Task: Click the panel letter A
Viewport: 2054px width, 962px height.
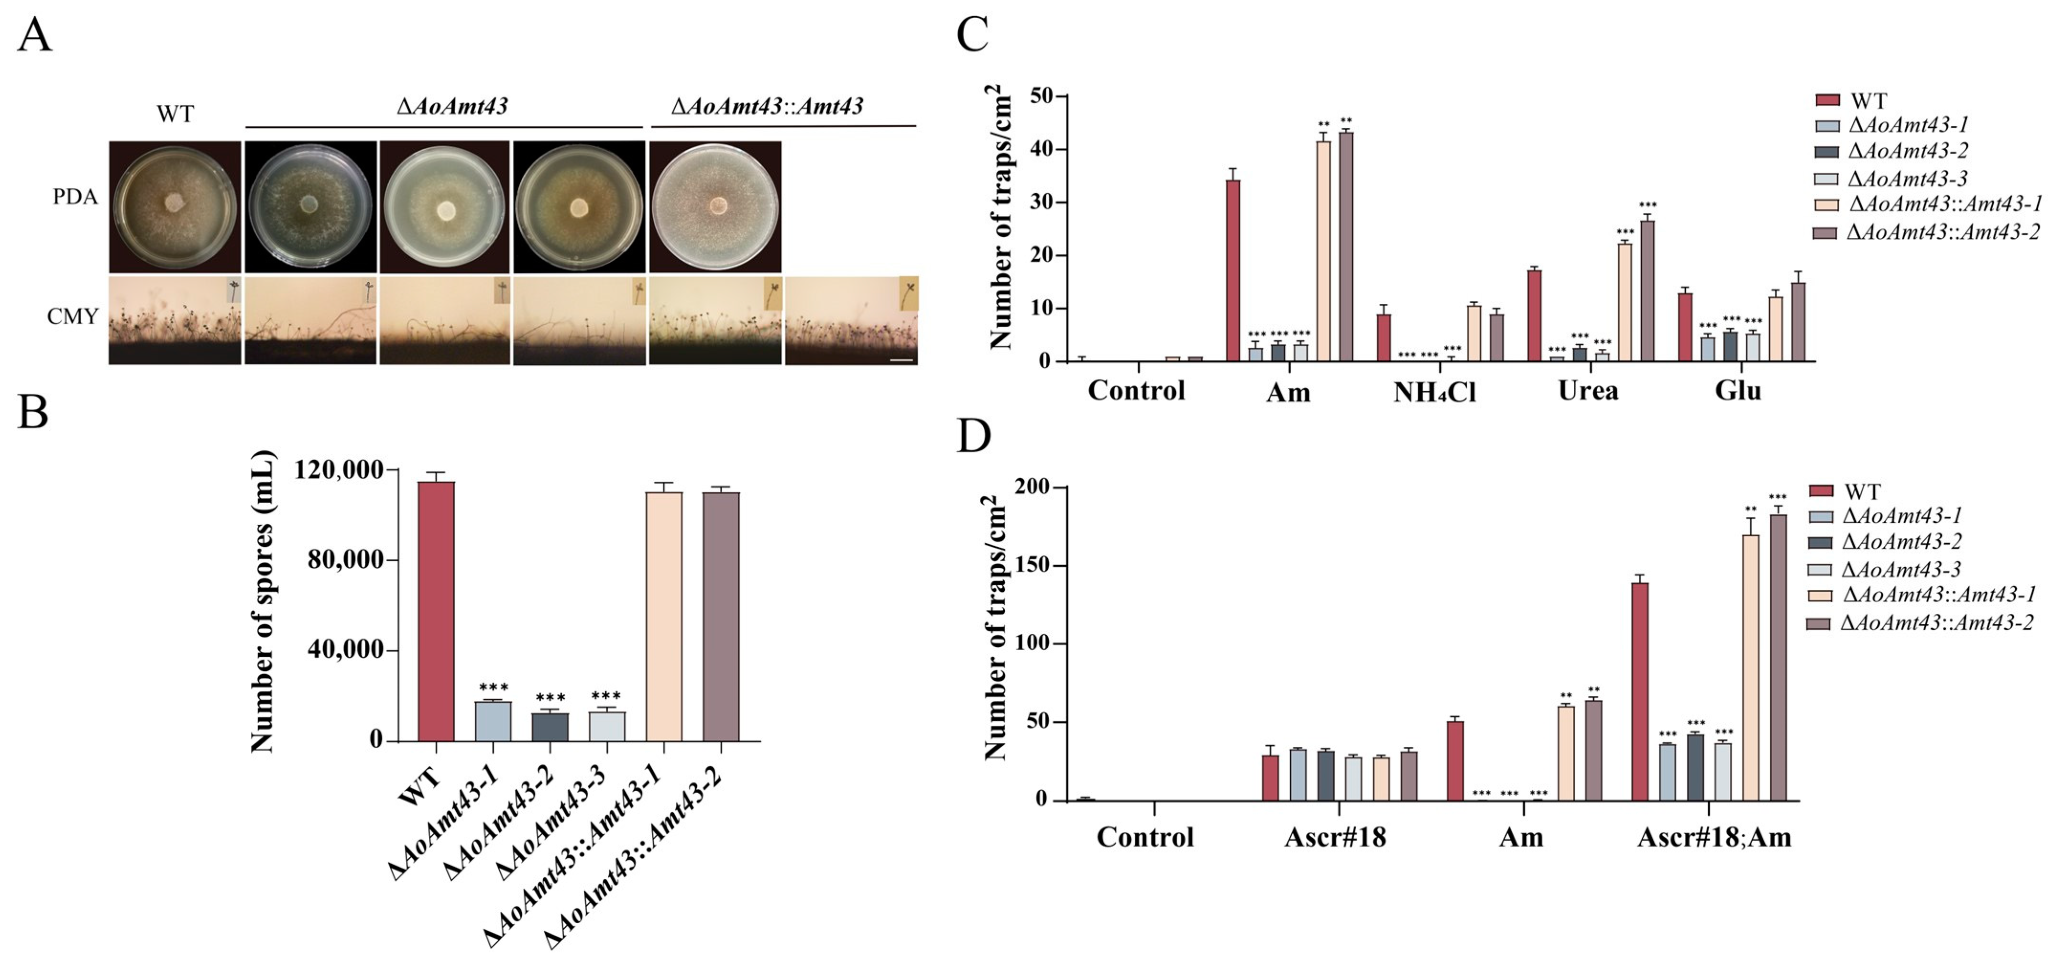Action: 34,36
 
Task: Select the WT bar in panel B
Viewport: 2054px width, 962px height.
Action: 436,610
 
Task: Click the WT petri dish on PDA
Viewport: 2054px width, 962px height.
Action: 175,207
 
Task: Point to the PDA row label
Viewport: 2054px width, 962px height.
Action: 75,196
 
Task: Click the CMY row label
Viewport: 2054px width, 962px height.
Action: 73,317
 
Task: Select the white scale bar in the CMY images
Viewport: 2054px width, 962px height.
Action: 900,361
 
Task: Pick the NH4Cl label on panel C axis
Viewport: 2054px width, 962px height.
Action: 1434,392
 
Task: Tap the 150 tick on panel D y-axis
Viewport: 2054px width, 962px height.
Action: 1032,565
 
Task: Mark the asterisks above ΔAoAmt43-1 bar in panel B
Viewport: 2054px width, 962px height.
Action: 494,687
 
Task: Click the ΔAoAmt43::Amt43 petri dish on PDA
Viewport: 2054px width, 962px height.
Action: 715,207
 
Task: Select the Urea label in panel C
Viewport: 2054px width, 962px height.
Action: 1588,391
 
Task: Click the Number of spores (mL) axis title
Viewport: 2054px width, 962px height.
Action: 263,602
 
